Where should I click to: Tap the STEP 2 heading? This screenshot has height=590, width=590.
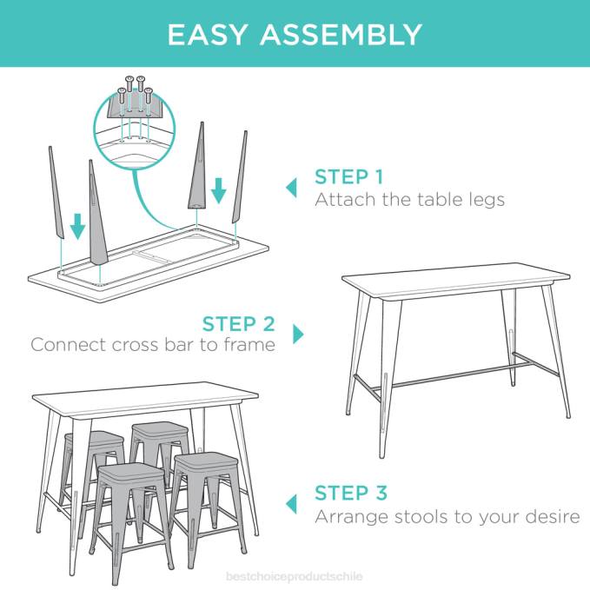(x=238, y=324)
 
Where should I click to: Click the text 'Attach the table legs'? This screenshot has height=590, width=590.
(x=409, y=200)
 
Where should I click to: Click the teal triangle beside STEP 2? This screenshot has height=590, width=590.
(x=299, y=334)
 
